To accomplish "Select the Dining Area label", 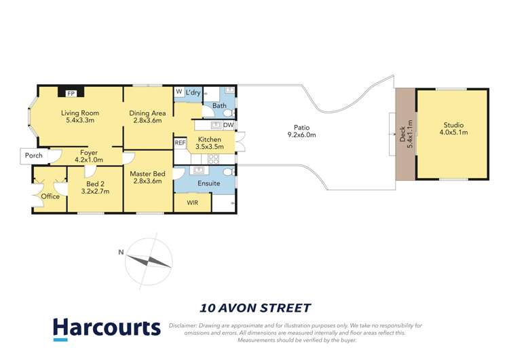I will pyautogui.click(x=148, y=113).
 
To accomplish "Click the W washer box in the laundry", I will pyautogui.click(x=179, y=92).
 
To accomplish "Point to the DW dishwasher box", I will pyautogui.click(x=228, y=125).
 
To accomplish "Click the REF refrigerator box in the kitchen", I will pyautogui.click(x=180, y=143).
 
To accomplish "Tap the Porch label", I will pyautogui.click(x=33, y=156).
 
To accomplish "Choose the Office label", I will pyautogui.click(x=50, y=197).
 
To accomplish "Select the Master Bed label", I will pyautogui.click(x=148, y=174).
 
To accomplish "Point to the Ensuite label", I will pyautogui.click(x=208, y=183).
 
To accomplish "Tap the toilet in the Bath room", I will pyautogui.click(x=228, y=112).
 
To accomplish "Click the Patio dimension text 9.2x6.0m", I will pyautogui.click(x=301, y=135).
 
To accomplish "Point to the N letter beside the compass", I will pyautogui.click(x=121, y=252).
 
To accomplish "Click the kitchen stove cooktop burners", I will pyautogui.click(x=213, y=159).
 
